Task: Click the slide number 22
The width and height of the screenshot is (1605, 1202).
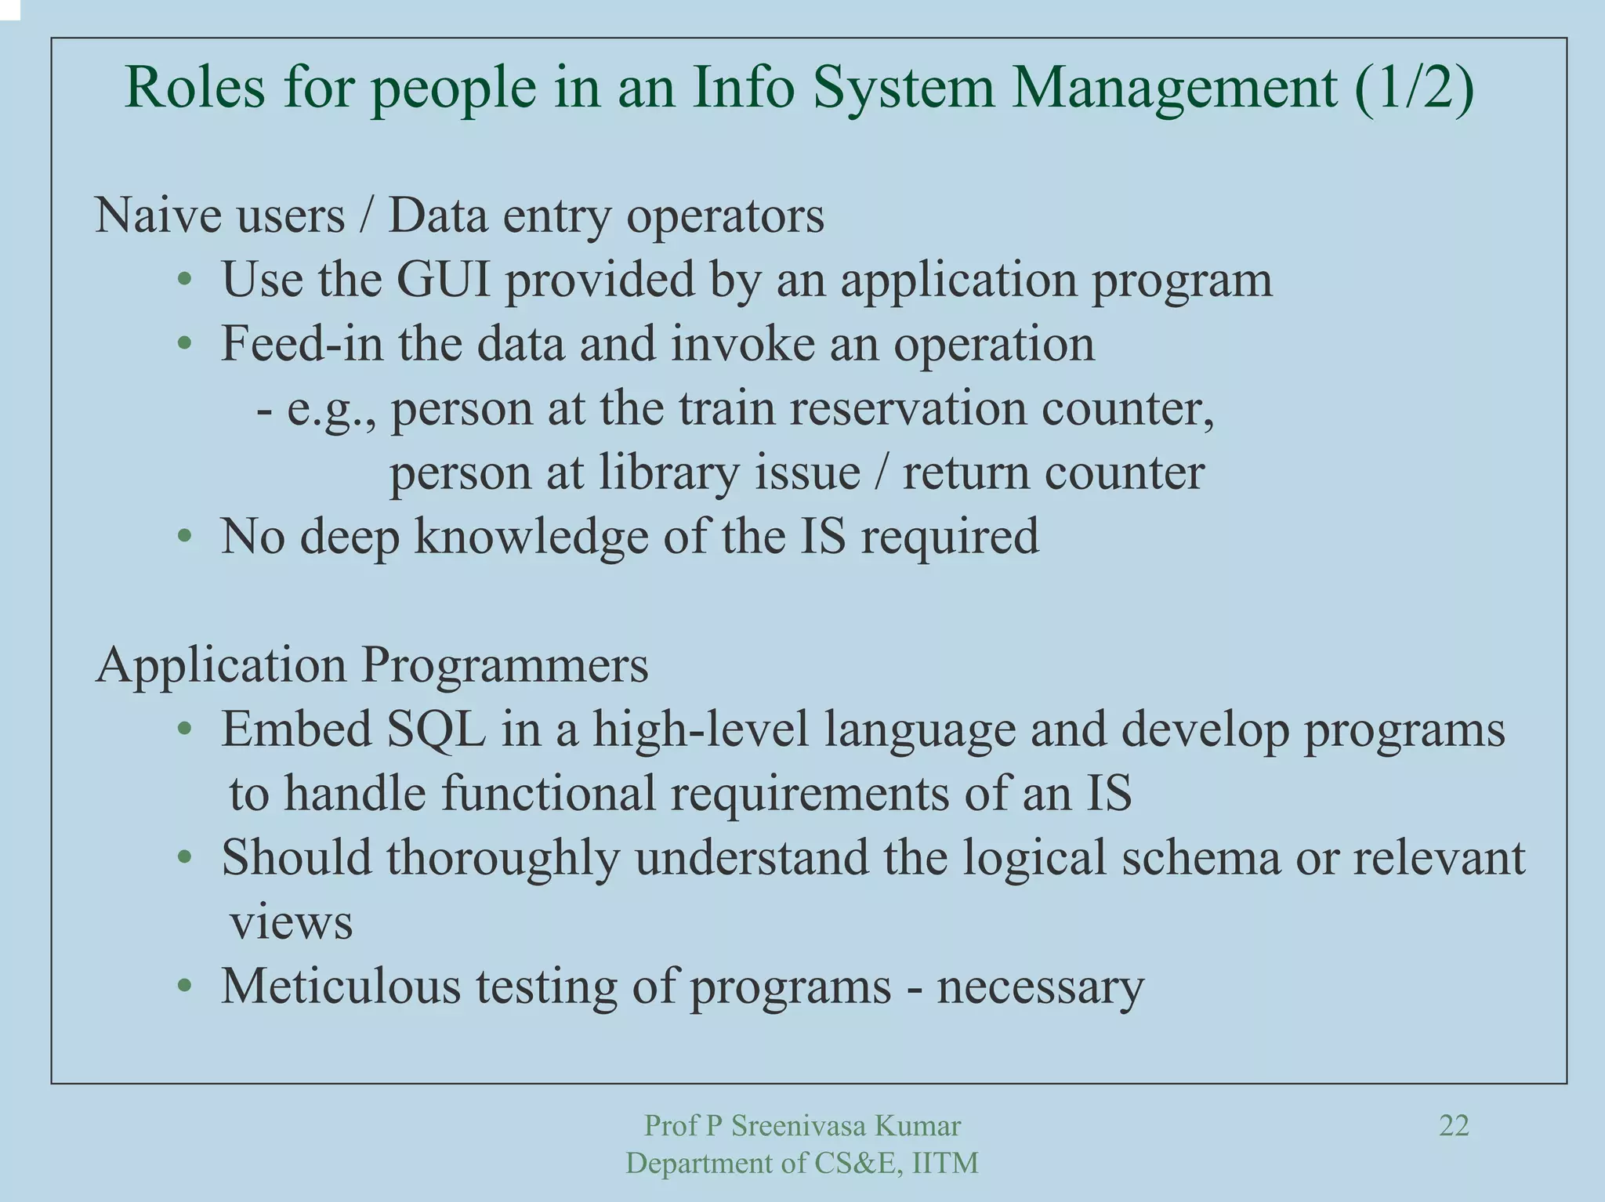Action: coord(1454,1126)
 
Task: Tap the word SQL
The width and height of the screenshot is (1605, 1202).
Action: coord(436,729)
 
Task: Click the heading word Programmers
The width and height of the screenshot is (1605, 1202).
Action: coord(505,665)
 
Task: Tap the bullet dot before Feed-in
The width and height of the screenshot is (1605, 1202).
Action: coord(184,344)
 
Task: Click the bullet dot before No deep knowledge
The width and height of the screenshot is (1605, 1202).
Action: coord(184,537)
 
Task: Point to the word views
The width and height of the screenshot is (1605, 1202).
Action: coord(291,922)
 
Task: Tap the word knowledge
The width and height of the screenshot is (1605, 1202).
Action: coord(531,537)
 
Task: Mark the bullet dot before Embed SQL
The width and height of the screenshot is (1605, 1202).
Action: coord(184,730)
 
